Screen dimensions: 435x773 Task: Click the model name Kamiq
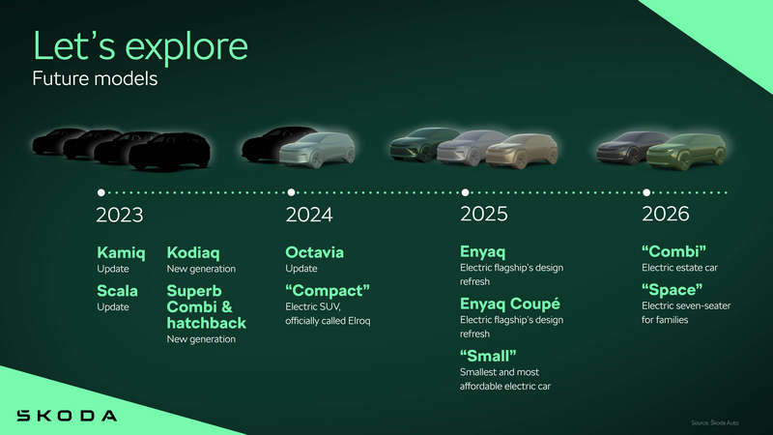[x=121, y=253]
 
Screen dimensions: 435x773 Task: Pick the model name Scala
[x=117, y=290]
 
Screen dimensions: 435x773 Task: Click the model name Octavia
[x=314, y=253]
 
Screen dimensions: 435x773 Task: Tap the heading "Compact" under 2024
[x=329, y=290]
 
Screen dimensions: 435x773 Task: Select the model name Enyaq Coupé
[x=510, y=304]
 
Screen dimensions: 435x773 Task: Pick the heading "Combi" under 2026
[x=674, y=253]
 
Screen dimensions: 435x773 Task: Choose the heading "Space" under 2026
[x=672, y=290]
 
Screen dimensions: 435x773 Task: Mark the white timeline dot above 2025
[x=465, y=191]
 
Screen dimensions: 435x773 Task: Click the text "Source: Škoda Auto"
[x=721, y=422]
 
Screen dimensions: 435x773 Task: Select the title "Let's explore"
[x=140, y=45]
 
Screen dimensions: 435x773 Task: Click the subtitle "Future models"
[x=95, y=79]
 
